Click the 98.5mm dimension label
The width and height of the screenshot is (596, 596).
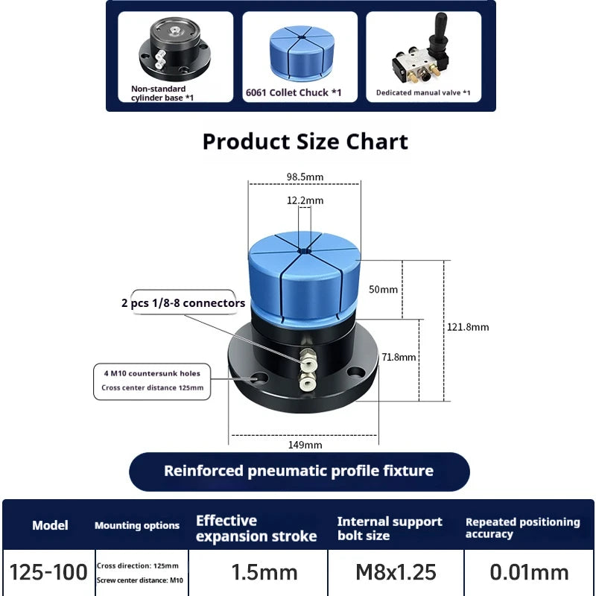click(305, 177)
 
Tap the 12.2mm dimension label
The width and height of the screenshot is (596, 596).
click(305, 200)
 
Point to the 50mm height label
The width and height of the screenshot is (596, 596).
click(384, 289)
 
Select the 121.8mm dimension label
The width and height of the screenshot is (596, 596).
click(467, 326)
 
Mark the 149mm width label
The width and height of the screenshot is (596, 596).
click(304, 445)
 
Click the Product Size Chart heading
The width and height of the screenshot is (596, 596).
click(305, 142)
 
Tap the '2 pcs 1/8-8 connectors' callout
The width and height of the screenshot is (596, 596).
click(183, 303)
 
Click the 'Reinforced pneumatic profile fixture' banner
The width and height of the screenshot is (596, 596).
click(299, 471)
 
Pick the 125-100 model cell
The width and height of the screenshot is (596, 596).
click(48, 572)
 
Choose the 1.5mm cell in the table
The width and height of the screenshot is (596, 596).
click(264, 572)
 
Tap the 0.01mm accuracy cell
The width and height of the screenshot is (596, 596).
click(529, 572)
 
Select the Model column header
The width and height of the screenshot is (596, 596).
click(50, 525)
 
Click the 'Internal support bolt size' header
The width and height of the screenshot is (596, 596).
click(390, 528)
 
